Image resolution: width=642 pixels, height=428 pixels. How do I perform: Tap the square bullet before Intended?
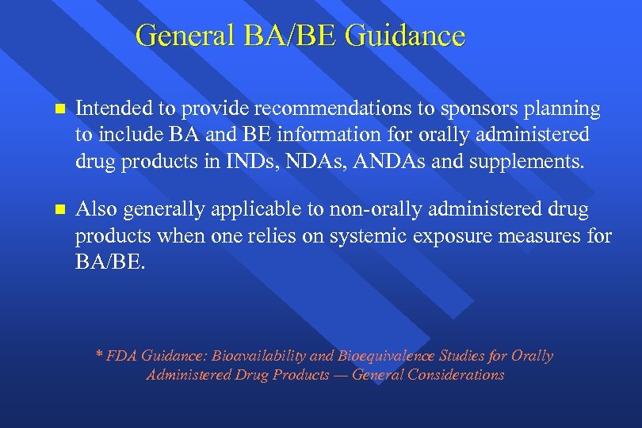pos(53,109)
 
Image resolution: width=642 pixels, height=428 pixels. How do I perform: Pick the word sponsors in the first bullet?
pos(455,109)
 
